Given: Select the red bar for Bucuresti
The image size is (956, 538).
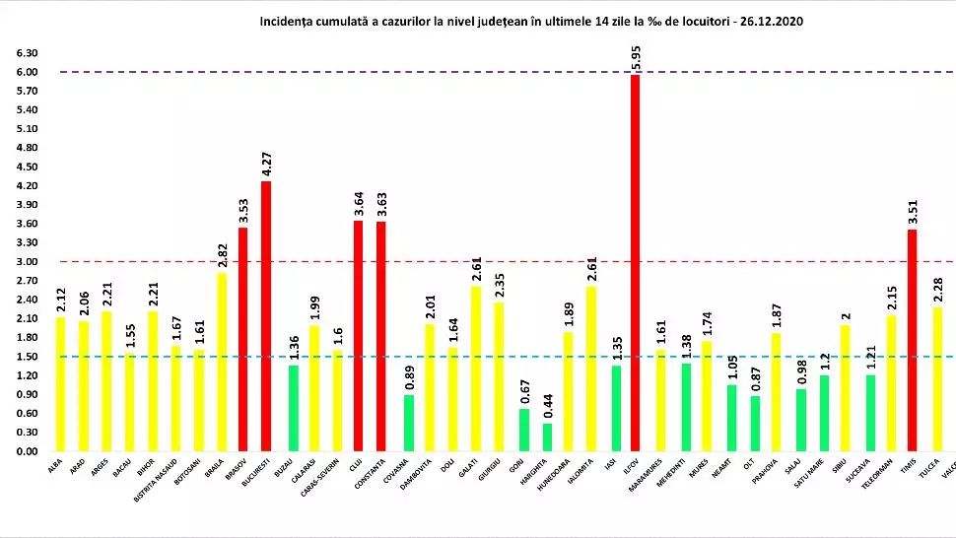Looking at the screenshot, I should click(x=266, y=315).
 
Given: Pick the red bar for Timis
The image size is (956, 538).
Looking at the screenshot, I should click(x=912, y=340).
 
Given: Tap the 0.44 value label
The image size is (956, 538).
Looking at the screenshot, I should click(x=548, y=405).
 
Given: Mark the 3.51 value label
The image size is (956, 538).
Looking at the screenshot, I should click(x=912, y=211).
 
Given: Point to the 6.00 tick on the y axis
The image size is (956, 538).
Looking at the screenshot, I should click(x=29, y=72).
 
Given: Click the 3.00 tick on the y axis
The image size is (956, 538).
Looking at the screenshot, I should click(x=29, y=262).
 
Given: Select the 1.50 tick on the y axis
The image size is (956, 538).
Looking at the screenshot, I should click(x=29, y=357).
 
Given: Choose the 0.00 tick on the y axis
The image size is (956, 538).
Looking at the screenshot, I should click(x=29, y=451).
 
